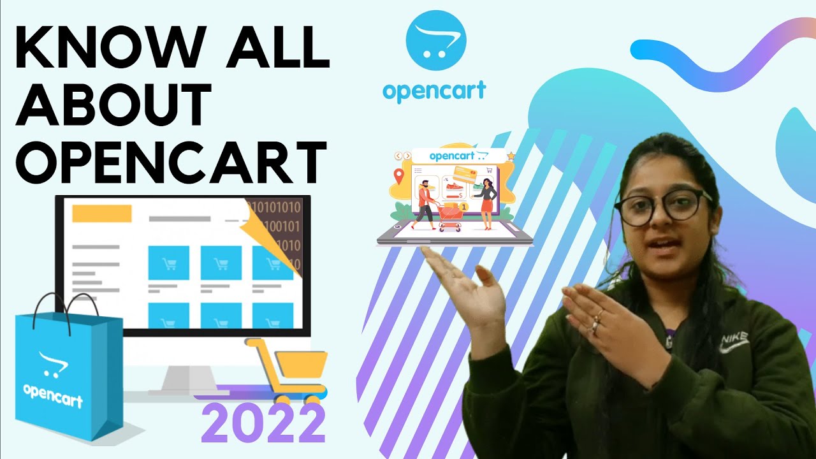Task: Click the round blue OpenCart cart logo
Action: point(436,40)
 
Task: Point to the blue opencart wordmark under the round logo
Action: point(434,91)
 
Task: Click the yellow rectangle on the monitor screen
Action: point(102,214)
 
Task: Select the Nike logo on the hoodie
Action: point(734,343)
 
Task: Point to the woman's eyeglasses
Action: point(663,208)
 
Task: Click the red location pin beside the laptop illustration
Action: point(399,175)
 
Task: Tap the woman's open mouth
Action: point(661,244)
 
